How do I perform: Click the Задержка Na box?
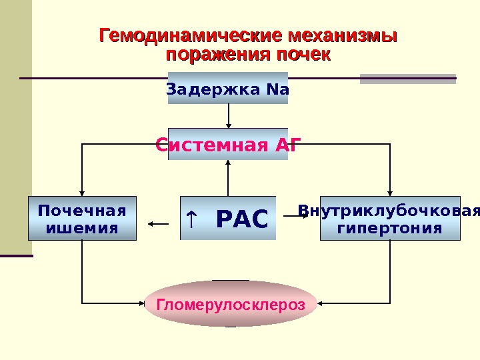point(228,88)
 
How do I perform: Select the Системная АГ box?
point(228,145)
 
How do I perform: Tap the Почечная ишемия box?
point(82,218)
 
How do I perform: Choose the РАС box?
point(228,218)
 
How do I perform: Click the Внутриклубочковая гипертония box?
point(390,218)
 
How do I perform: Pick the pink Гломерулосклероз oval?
point(230,304)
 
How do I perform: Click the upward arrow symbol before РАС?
point(191,217)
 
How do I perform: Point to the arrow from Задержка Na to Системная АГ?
point(229,117)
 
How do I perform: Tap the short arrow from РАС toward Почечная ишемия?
point(159,225)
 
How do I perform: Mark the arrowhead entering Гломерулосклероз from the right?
point(321,303)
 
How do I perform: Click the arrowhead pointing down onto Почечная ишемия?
point(82,192)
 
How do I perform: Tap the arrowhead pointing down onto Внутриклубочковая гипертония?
point(390,192)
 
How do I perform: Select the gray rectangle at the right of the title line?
point(408,79)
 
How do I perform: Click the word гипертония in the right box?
point(390,228)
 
